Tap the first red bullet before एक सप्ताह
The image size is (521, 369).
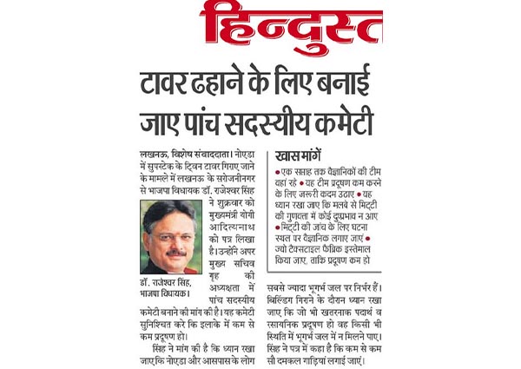click(278, 176)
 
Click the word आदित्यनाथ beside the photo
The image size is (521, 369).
click(228, 223)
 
